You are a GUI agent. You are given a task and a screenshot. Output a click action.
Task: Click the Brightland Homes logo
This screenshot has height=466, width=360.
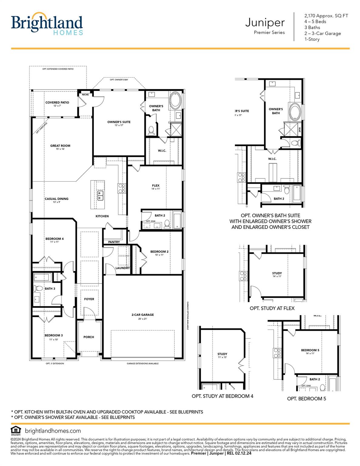click(47, 24)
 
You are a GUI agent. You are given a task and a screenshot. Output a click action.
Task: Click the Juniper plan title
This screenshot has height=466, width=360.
click(265, 23)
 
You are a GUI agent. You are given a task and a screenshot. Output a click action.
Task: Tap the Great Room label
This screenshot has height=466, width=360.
click(60, 146)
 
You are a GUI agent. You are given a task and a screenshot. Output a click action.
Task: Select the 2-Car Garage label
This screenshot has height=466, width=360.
click(142, 315)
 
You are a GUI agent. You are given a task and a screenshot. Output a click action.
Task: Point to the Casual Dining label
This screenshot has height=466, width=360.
click(56, 199)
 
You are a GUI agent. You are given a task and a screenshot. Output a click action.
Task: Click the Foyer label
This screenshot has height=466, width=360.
click(89, 299)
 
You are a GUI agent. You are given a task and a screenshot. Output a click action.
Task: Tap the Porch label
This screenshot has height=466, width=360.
click(89, 337)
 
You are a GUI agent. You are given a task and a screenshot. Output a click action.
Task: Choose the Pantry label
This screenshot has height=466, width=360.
click(114, 242)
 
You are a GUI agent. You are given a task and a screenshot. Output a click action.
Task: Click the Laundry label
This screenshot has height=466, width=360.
click(123, 268)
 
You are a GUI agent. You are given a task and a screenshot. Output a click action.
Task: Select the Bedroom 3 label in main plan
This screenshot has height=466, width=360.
click(54, 336)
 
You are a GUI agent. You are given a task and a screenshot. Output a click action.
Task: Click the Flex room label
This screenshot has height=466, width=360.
click(156, 186)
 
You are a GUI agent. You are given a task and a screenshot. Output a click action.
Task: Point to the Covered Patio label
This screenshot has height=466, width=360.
click(57, 103)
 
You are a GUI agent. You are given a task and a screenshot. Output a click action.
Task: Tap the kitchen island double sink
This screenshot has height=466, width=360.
click(100, 196)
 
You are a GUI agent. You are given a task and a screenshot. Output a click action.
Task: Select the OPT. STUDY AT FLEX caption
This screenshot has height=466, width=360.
click(272, 308)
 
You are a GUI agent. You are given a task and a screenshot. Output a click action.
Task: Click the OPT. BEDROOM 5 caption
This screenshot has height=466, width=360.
click(306, 399)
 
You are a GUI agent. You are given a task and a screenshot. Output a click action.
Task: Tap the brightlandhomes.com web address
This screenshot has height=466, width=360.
click(53, 431)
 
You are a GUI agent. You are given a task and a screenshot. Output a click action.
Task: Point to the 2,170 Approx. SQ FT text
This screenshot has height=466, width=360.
click(326, 16)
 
